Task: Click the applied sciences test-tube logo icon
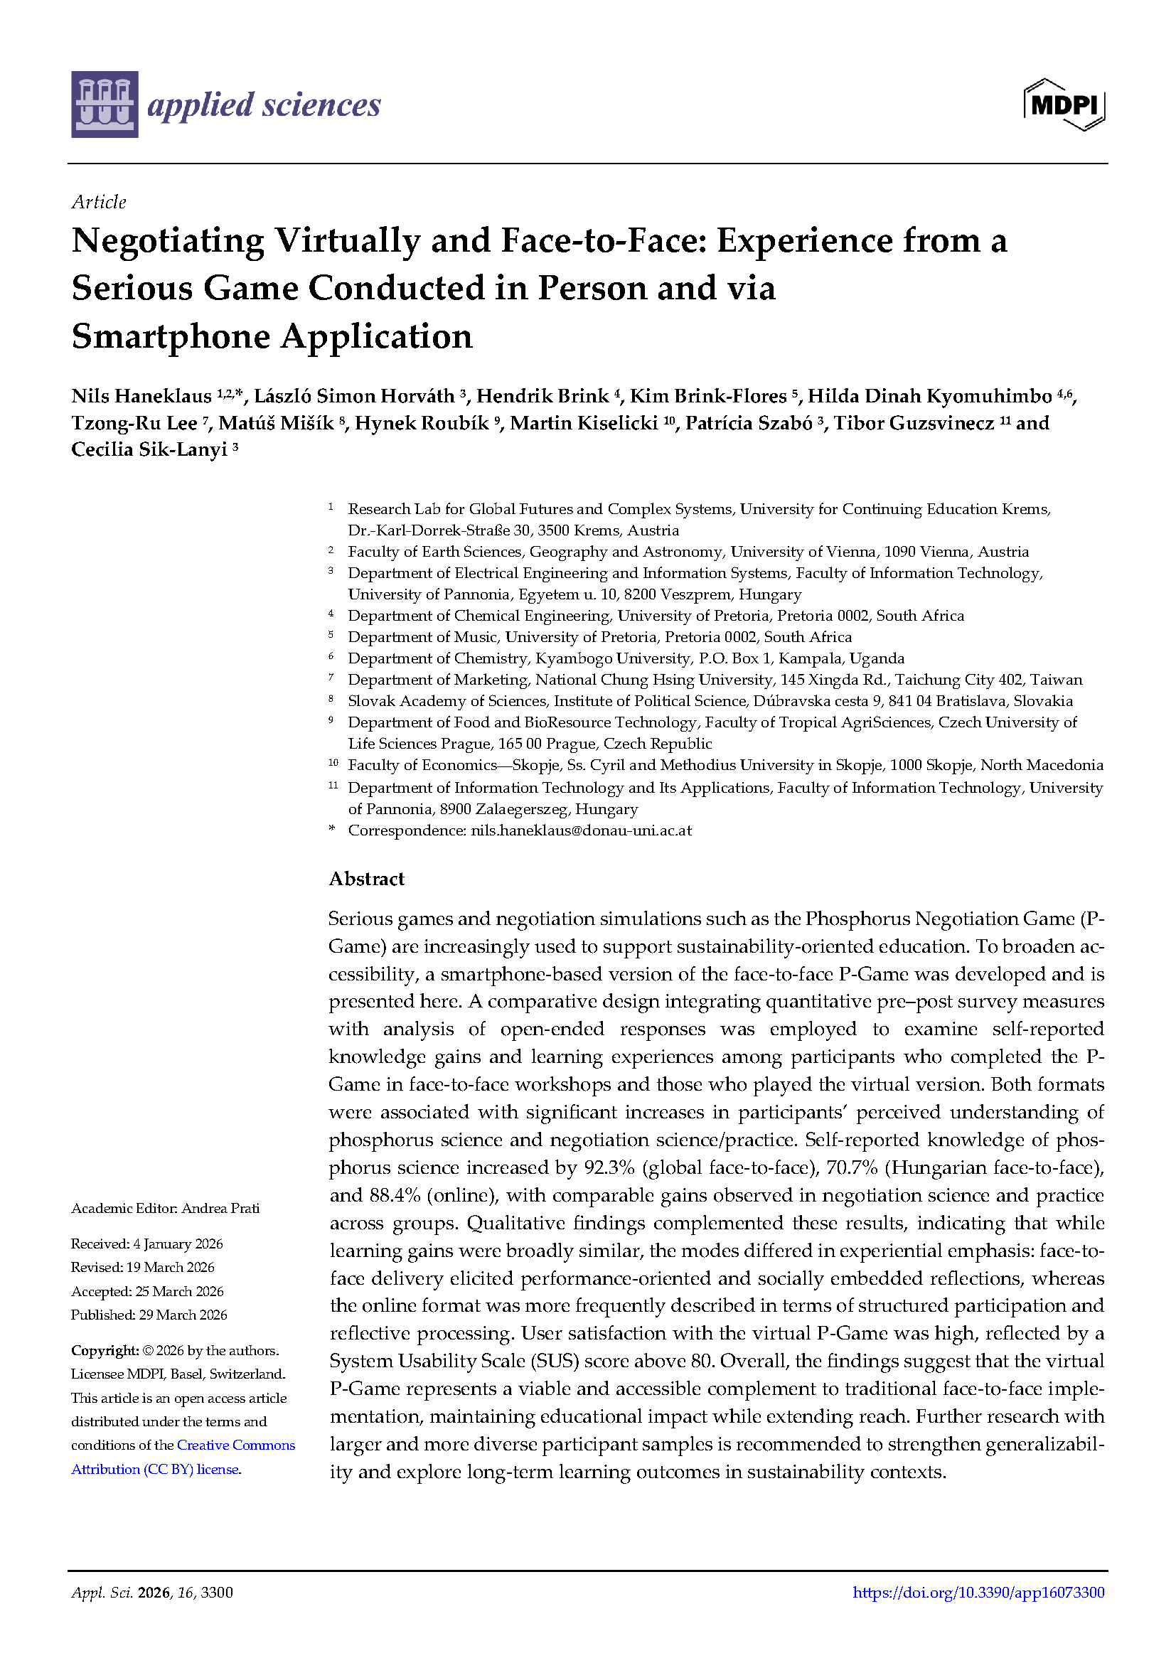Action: (105, 105)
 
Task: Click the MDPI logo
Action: (1064, 105)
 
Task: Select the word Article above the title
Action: (99, 202)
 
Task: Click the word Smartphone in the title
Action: (170, 337)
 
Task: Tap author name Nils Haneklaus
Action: (141, 396)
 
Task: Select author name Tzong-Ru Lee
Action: (134, 423)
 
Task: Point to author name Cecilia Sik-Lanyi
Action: (149, 450)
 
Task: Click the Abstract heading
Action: (366, 879)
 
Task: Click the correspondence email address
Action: (581, 830)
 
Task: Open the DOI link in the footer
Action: (978, 1592)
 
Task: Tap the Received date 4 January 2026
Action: (178, 1244)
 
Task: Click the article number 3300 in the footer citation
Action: (217, 1592)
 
